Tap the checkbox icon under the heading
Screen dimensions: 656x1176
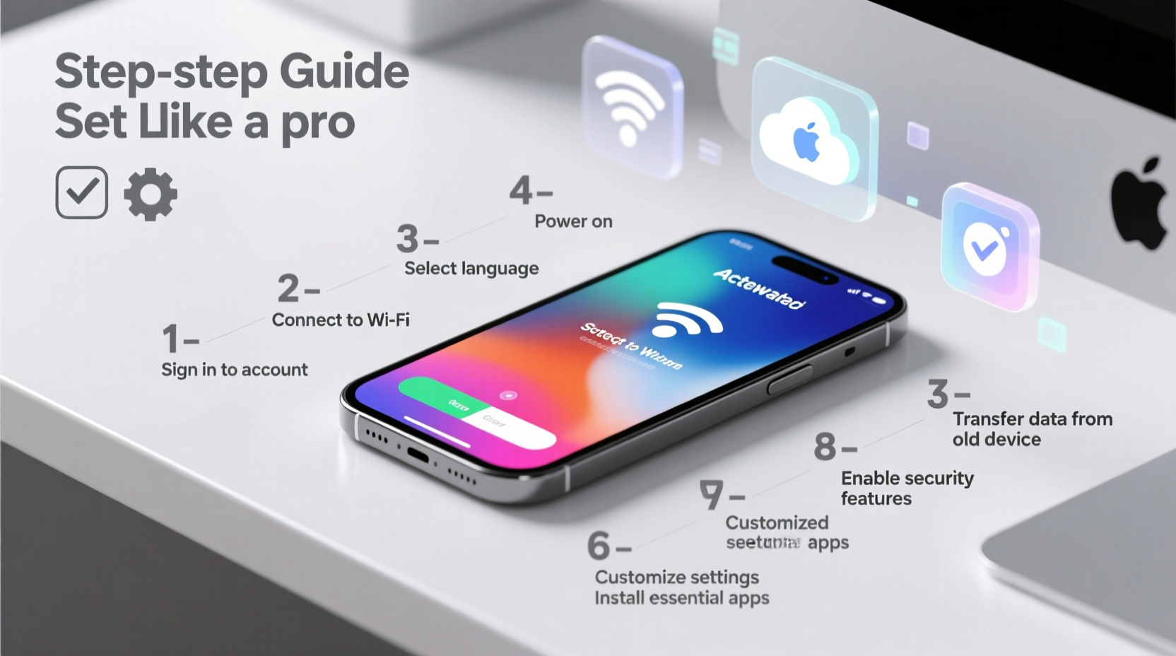pos(82,192)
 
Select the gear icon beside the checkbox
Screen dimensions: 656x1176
pos(151,194)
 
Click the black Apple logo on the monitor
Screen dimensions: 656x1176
pos(1139,205)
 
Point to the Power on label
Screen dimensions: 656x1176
pos(573,221)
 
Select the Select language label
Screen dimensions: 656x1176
pos(471,269)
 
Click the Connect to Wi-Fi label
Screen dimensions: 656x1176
pos(341,320)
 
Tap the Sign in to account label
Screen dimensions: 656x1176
pos(235,370)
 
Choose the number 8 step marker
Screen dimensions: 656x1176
pos(825,447)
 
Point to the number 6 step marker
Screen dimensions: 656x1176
pos(599,546)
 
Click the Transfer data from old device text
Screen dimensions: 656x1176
pos(1031,429)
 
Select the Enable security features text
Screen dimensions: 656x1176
pos(907,488)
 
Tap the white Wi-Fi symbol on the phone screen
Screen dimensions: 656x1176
pos(686,320)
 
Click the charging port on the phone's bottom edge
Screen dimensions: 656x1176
pos(417,453)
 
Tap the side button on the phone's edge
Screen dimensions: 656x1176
pos(789,380)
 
